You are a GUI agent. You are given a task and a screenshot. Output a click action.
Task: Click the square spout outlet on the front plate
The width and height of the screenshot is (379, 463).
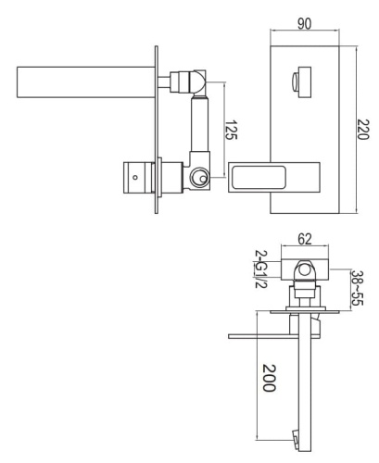pyautogui.click(x=299, y=80)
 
